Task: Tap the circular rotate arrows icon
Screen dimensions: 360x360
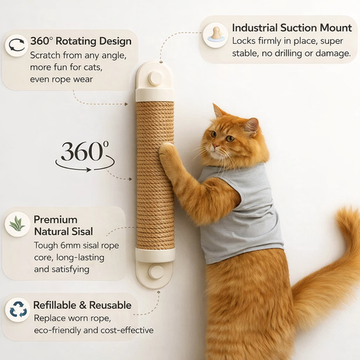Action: pos(16,45)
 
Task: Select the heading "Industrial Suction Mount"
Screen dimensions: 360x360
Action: pos(292,28)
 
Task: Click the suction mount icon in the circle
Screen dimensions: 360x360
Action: pos(215,34)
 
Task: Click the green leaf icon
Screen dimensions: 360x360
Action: pos(16,224)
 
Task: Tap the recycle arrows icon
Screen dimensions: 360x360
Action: pos(16,310)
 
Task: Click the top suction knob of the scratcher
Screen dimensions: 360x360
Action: pos(155,78)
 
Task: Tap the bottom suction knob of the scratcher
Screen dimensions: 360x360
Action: pos(155,272)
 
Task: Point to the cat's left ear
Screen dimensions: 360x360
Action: pos(251,126)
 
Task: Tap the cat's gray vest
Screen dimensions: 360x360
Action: pos(240,213)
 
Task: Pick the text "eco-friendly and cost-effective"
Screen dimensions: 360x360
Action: pos(93,330)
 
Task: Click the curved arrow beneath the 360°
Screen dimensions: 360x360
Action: pos(84,167)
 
